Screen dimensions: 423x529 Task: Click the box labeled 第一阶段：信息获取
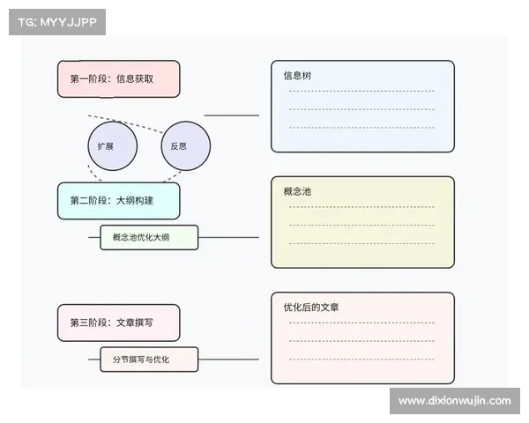click(x=118, y=78)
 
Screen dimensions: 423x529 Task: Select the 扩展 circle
click(x=112, y=145)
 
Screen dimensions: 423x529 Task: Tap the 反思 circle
click(x=185, y=145)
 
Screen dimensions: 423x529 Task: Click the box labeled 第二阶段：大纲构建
click(x=118, y=201)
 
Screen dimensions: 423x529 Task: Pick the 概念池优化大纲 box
click(x=149, y=237)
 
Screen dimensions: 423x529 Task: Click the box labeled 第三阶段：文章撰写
click(x=118, y=323)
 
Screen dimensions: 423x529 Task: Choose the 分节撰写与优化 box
click(x=149, y=360)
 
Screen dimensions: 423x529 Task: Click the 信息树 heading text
click(x=297, y=76)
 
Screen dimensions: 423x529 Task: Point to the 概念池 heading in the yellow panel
click(x=297, y=191)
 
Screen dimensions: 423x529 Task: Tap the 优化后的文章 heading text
click(x=311, y=308)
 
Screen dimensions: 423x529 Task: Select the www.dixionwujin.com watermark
click(x=454, y=401)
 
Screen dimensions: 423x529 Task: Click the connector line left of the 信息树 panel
click(x=232, y=115)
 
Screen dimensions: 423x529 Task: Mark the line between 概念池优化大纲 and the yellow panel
click(x=229, y=237)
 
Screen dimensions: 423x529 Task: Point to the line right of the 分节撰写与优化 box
click(x=229, y=360)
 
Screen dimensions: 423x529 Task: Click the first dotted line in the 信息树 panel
click(x=361, y=91)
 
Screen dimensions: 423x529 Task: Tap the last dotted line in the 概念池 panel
click(x=361, y=242)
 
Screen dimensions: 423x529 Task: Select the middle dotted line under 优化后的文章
click(x=361, y=340)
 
